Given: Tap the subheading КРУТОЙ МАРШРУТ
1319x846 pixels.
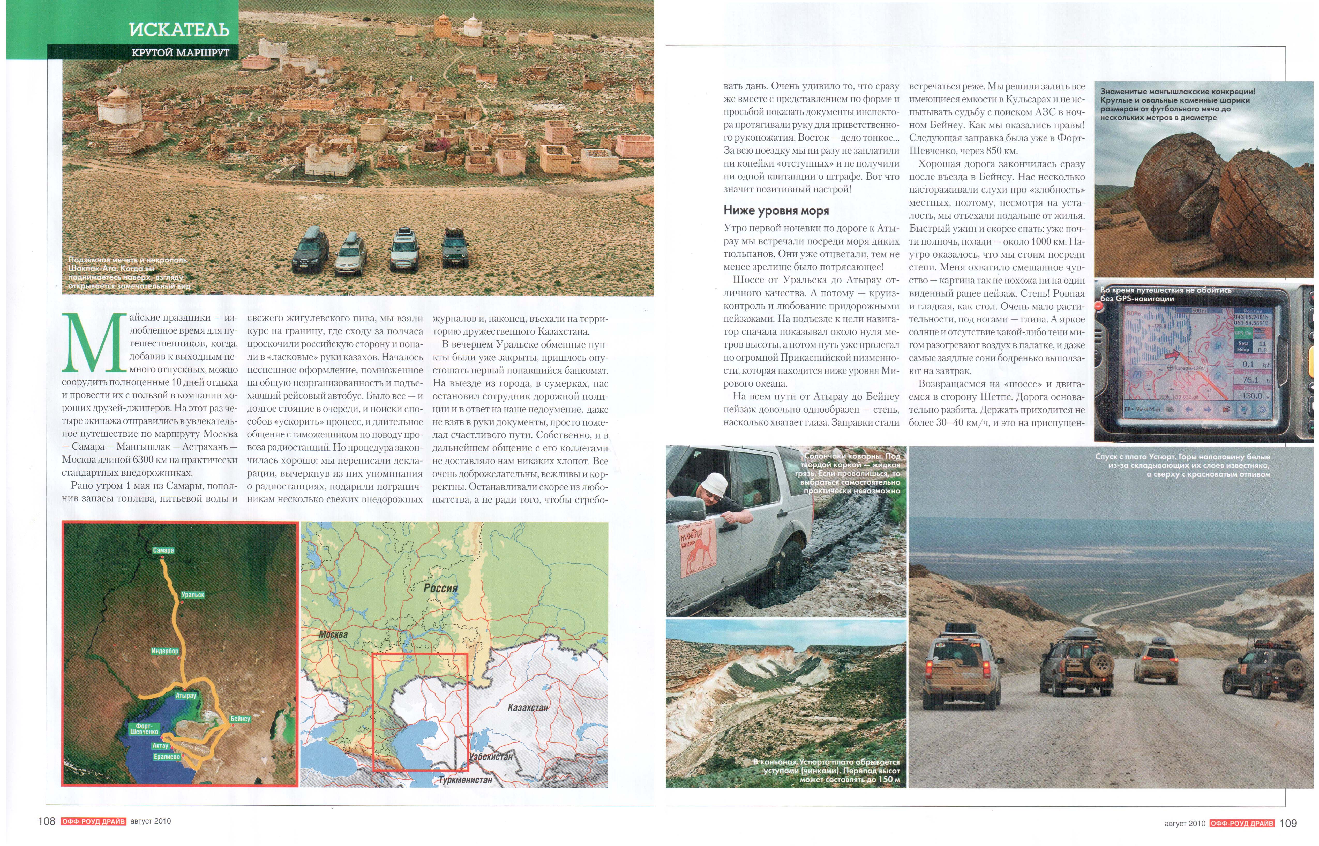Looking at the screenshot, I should (x=180, y=53).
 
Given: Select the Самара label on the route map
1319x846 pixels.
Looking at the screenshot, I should (x=163, y=550).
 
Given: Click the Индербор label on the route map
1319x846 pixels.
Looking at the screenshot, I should (x=165, y=651).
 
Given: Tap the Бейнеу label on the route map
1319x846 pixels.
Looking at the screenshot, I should (x=240, y=719).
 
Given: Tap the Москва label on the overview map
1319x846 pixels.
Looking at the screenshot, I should (x=333, y=634).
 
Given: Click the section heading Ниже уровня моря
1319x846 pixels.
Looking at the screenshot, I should (x=776, y=210).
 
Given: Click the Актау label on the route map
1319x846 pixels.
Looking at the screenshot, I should (x=160, y=746).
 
